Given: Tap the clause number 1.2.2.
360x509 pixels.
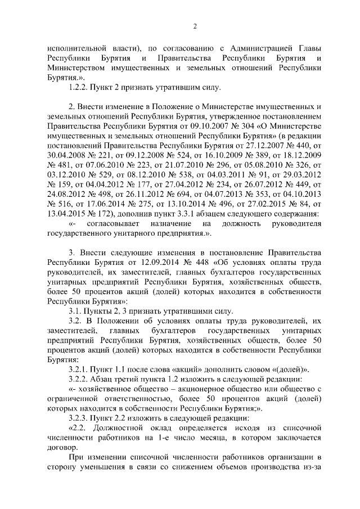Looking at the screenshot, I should tap(76, 88).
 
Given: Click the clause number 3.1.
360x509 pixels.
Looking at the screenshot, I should tap(74, 310).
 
